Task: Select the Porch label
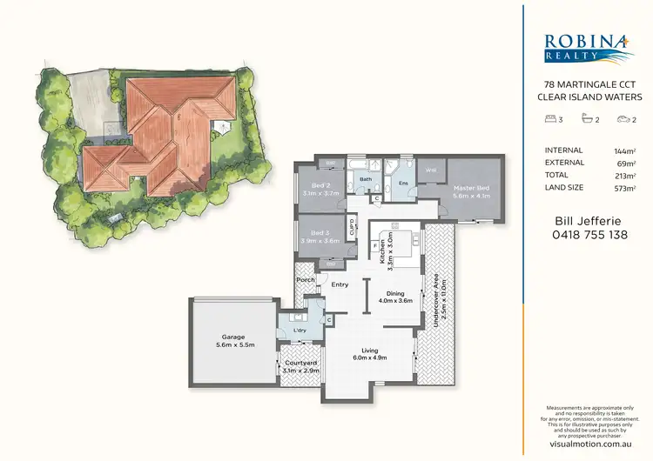pyautogui.click(x=305, y=280)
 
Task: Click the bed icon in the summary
pyautogui.click(x=547, y=120)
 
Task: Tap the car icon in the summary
pyautogui.click(x=622, y=120)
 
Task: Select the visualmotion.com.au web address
pyautogui.click(x=586, y=442)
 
